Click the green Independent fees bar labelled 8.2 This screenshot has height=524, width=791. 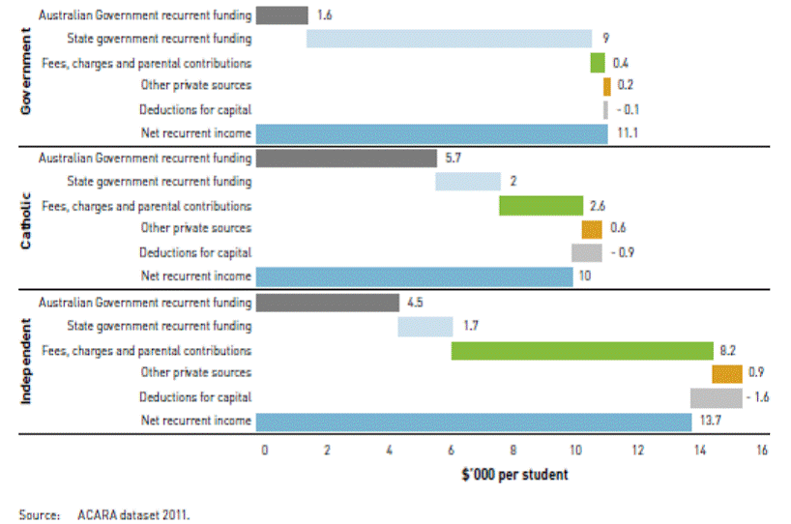coord(582,350)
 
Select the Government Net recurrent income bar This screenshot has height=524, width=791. coord(432,133)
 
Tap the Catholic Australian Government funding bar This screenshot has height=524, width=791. coord(347,158)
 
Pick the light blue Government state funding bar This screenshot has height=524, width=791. coord(449,39)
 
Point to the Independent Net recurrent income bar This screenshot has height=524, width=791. coord(474,421)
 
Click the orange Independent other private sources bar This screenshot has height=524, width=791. coord(727,374)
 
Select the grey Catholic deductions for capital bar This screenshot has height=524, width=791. coord(587,252)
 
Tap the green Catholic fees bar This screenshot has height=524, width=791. coord(541,205)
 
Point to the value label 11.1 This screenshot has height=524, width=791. coord(627,133)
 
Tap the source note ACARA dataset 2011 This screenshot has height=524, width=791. coord(134,515)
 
